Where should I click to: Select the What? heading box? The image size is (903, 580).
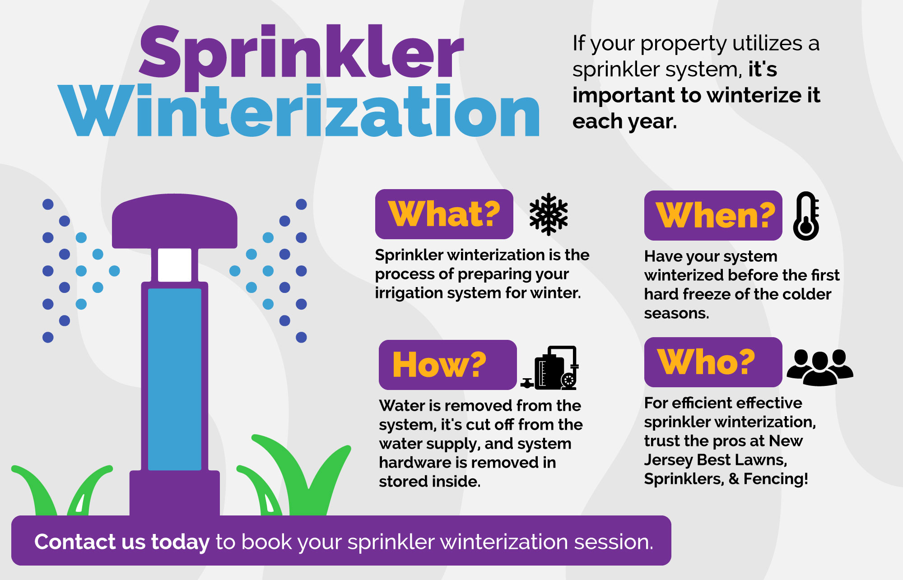(444, 214)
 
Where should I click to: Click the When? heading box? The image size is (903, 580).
(713, 215)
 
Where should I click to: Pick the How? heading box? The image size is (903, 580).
(447, 365)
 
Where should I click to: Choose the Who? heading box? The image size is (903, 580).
(712, 362)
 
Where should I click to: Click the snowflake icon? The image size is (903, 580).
(548, 214)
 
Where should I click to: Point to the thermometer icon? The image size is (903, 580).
(806, 216)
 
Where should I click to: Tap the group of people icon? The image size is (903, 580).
(819, 367)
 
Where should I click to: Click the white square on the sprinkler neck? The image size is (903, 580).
(174, 265)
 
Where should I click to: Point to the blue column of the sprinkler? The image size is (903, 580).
(174, 379)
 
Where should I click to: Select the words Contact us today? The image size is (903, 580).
(122, 542)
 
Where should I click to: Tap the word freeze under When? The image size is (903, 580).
(715, 294)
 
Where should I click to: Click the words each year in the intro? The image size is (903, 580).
(624, 121)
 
